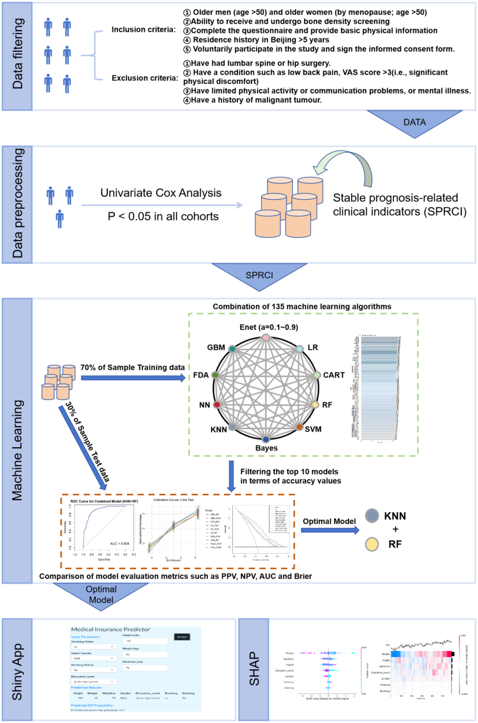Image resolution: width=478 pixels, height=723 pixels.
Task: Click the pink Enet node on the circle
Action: tap(266, 337)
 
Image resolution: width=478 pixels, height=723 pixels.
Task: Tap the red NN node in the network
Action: tap(217, 404)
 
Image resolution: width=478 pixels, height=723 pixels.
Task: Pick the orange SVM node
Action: tap(300, 427)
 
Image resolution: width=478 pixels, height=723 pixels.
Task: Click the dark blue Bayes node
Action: tap(266, 439)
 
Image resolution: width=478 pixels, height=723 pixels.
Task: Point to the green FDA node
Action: tap(216, 375)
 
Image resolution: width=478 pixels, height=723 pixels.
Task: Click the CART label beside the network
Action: tap(334, 375)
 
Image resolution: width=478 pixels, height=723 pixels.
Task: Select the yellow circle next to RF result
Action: tap(372, 544)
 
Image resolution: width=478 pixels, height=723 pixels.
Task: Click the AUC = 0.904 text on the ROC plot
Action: tap(120, 543)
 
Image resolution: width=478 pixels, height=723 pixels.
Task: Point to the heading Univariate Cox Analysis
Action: tap(161, 193)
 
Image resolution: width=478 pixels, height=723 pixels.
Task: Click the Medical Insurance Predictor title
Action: tap(110, 629)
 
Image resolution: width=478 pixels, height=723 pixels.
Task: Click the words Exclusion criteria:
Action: tap(145, 78)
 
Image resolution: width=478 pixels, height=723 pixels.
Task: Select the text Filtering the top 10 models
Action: tap(289, 471)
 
